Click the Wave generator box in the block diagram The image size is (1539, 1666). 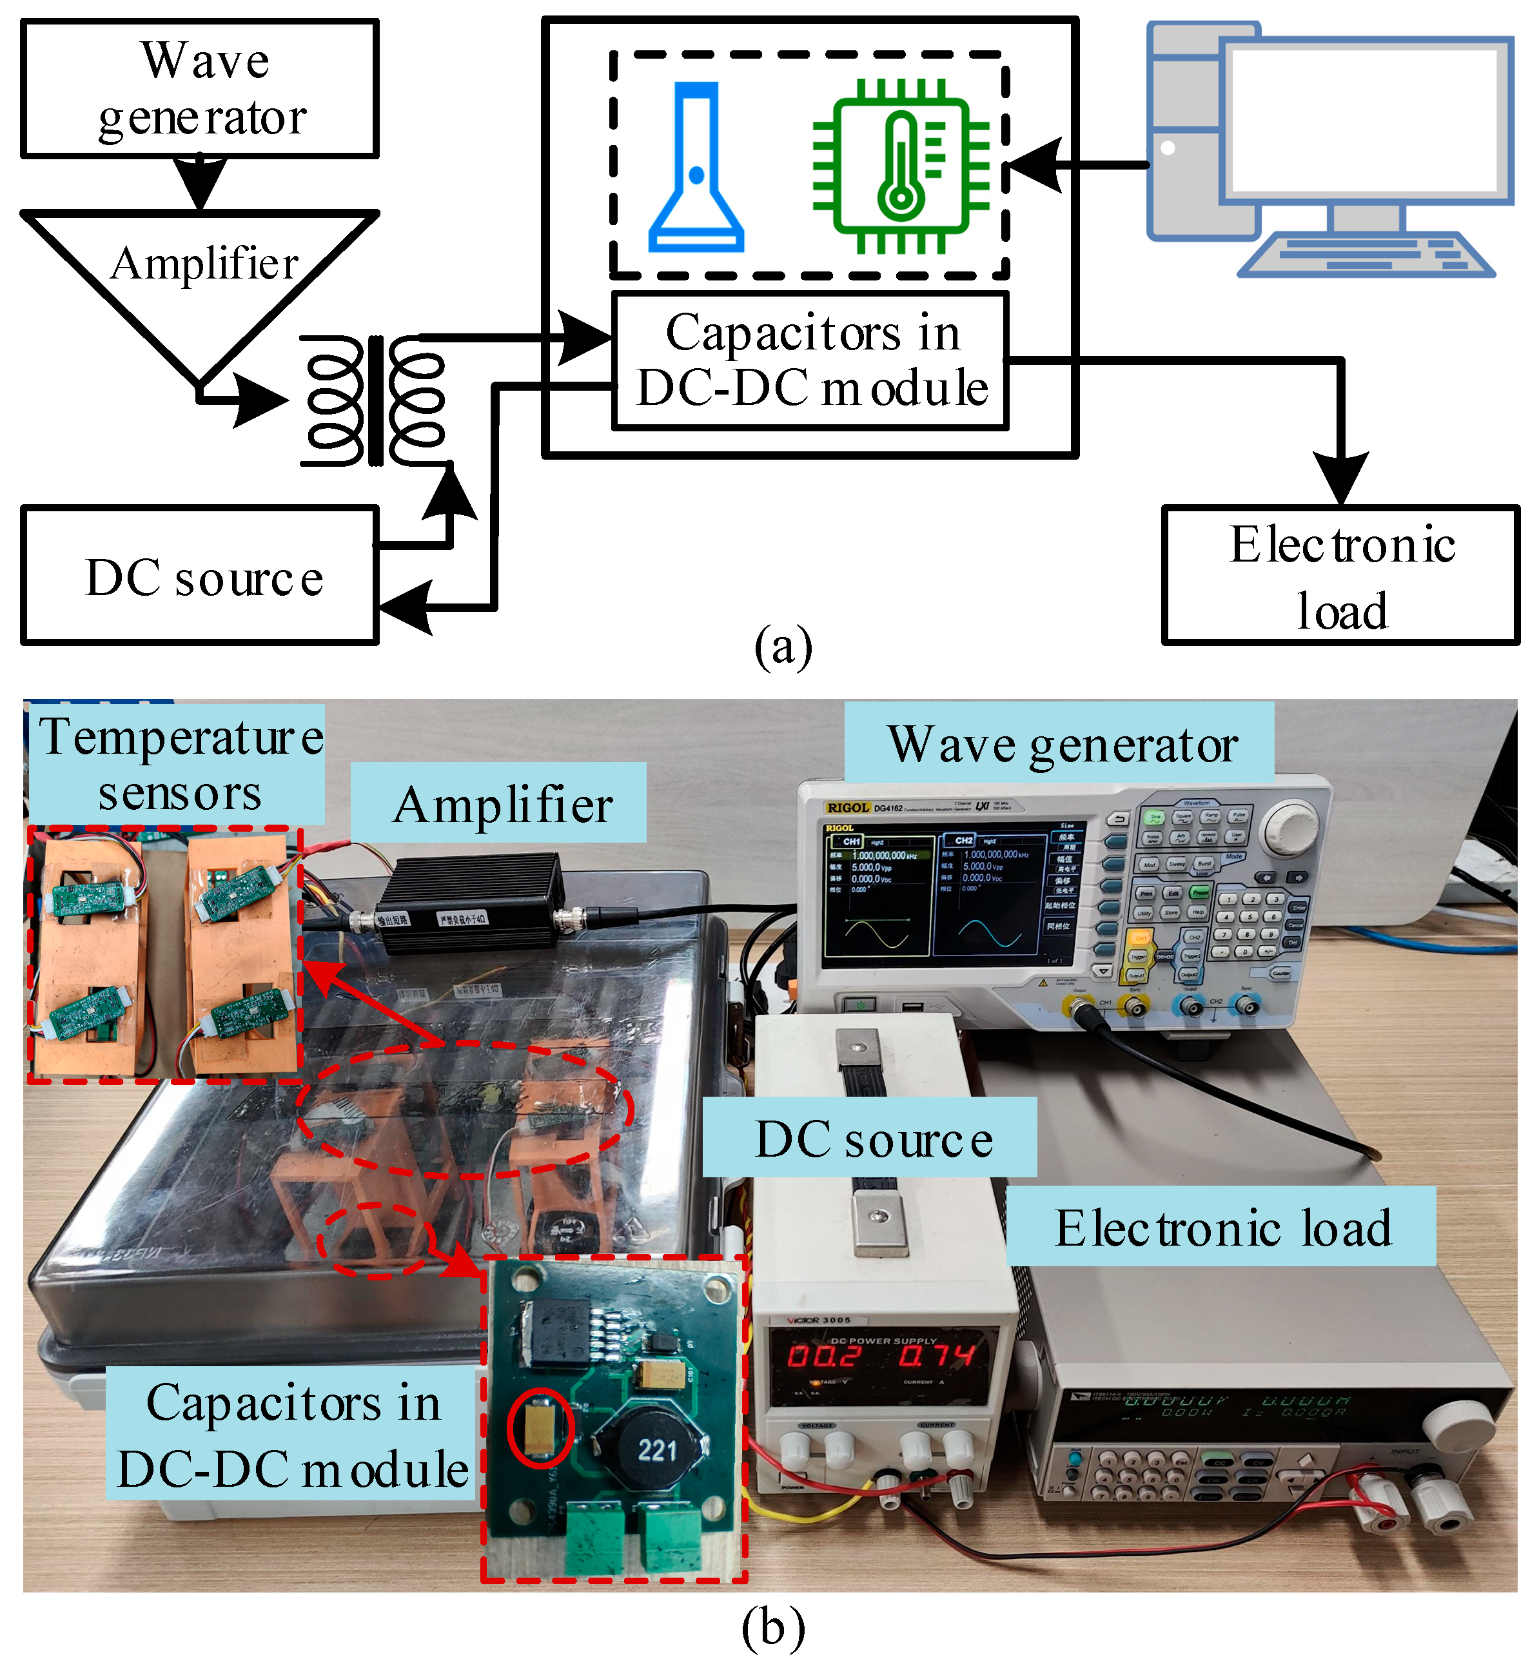200,89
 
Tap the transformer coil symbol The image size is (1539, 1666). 375,400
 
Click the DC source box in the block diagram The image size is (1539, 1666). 200,576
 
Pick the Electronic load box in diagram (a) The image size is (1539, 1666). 1341,576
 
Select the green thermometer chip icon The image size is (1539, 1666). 901,166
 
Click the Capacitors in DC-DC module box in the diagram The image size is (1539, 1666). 810,360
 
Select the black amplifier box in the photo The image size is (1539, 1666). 471,903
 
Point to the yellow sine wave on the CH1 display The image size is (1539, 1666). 877,932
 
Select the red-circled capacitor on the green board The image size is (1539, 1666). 540,1426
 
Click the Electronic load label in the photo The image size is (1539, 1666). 1221,1228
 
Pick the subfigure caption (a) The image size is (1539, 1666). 783,648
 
